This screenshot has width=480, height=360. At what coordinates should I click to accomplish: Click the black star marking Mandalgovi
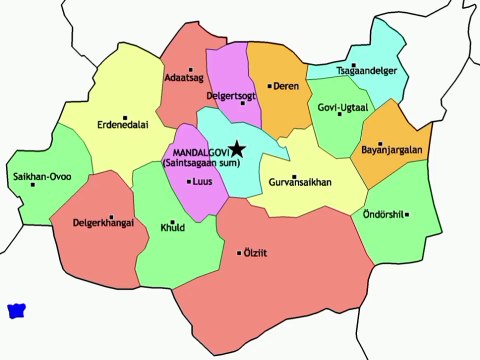pyautogui.click(x=237, y=148)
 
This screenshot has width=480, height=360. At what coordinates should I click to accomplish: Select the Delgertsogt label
pyautogui.click(x=231, y=95)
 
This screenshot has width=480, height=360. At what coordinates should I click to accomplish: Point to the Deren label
pyautogui.click(x=286, y=86)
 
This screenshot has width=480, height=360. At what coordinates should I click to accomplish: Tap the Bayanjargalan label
pyautogui.click(x=393, y=151)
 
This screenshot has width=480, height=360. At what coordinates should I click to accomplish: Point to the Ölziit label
pyautogui.click(x=258, y=253)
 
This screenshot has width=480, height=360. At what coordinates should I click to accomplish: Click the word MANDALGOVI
pyautogui.click(x=194, y=151)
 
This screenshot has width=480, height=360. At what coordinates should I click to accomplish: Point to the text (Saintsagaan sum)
pyautogui.click(x=195, y=162)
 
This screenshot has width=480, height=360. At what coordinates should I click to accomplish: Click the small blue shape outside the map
pyautogui.click(x=16, y=310)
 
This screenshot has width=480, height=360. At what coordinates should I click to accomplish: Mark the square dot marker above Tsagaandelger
pyautogui.click(x=354, y=64)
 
